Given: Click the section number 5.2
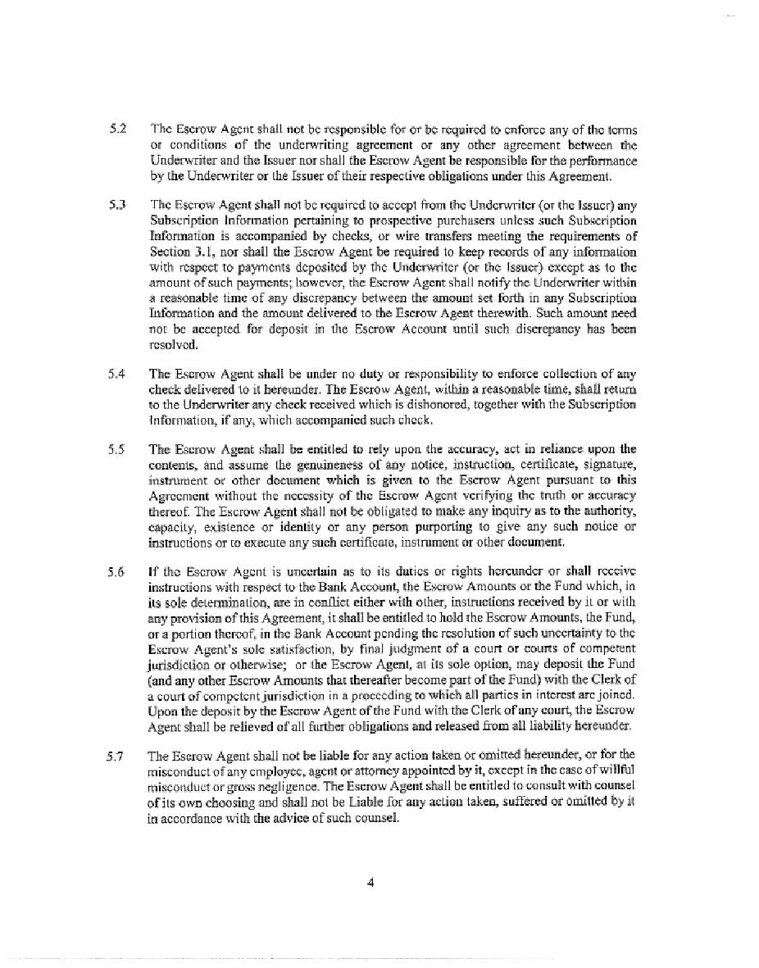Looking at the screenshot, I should (x=116, y=130).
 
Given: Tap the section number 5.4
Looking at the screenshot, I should (x=116, y=374).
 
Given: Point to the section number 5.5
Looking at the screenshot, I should (x=116, y=449).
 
